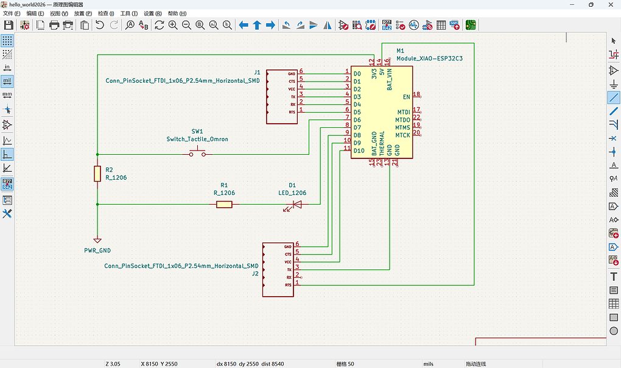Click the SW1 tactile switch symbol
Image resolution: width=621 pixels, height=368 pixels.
tap(197, 154)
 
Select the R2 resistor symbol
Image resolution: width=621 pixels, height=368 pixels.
tap(97, 174)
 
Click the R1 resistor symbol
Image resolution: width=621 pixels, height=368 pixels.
tap(224, 204)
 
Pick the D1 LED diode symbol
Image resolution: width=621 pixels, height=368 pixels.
tap(296, 205)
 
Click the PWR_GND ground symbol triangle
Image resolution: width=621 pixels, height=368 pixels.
tap(97, 240)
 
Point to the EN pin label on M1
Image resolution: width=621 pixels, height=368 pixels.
tap(406, 96)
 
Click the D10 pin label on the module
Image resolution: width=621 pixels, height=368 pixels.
tap(358, 150)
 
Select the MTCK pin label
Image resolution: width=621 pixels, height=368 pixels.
tap(402, 135)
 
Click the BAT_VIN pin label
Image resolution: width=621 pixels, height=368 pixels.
tap(390, 80)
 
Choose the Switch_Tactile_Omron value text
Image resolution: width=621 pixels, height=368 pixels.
tap(197, 139)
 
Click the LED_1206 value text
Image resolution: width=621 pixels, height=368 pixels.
tap(292, 193)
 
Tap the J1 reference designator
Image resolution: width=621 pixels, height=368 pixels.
tap(257, 72)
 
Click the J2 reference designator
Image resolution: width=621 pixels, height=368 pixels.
tap(255, 274)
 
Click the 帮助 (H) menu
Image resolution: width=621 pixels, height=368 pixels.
tap(177, 13)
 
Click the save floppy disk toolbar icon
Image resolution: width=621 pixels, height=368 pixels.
tap(9, 25)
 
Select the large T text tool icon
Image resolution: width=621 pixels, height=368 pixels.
tap(613, 277)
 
